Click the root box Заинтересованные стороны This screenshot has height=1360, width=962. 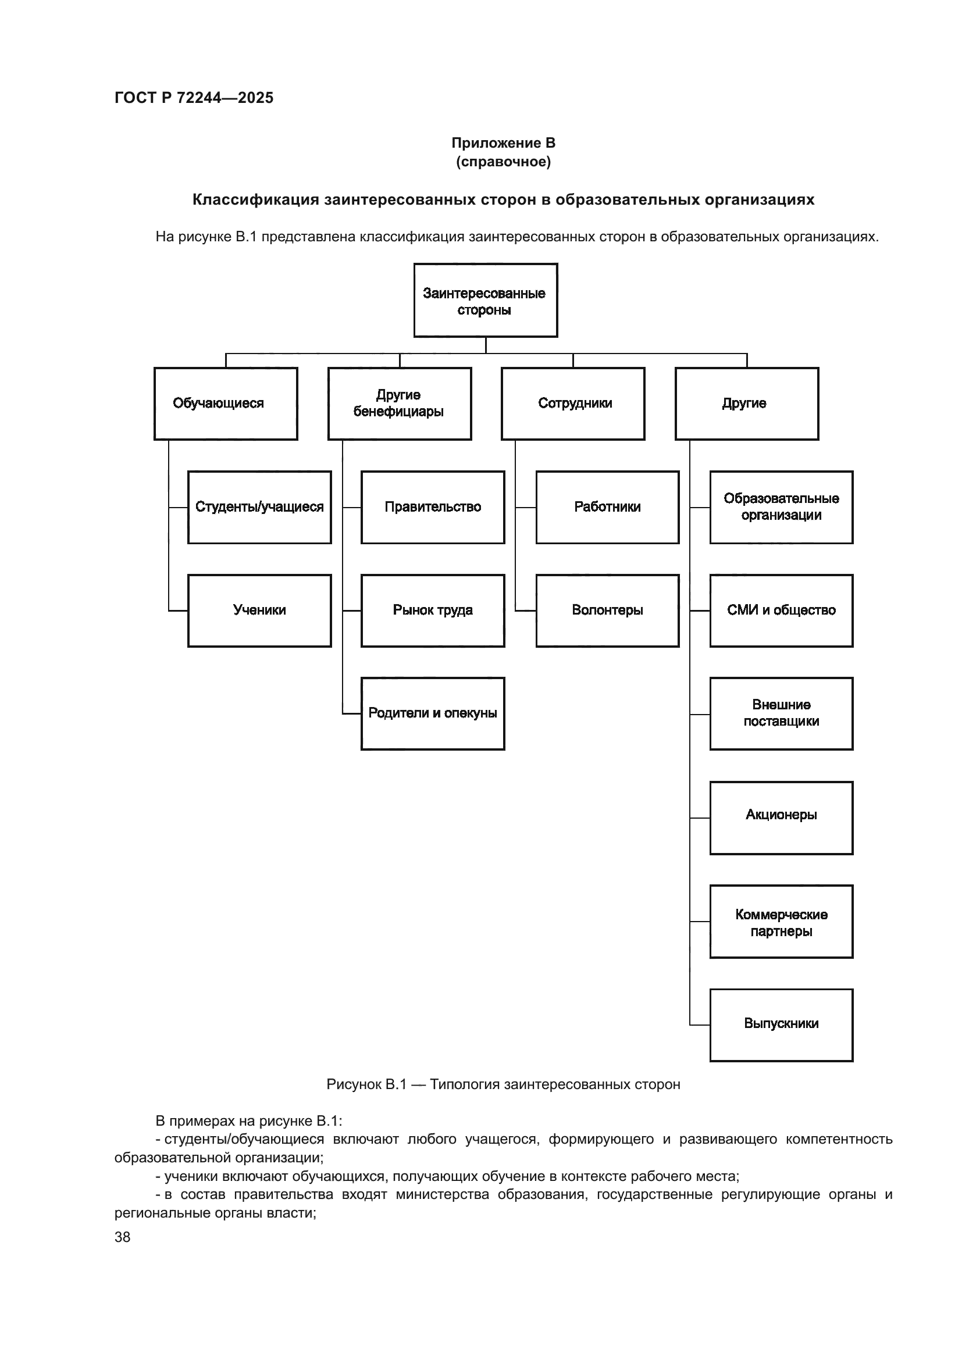coord(485,300)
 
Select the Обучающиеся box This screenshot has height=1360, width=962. coord(226,404)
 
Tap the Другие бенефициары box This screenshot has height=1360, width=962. coord(399,404)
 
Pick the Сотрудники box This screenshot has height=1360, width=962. coord(573,404)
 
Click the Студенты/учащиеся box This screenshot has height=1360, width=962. coord(259,507)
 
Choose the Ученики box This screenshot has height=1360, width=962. coord(259,610)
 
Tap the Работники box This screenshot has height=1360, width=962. coord(607,507)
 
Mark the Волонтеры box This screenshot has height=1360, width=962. coord(607,610)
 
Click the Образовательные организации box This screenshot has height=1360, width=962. coord(781,507)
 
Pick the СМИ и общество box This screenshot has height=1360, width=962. coord(781,610)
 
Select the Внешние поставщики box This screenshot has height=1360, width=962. coord(781,713)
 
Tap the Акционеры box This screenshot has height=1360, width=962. coord(781,818)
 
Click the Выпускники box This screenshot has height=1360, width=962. coord(781,1025)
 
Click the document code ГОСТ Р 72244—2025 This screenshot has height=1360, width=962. coord(194,98)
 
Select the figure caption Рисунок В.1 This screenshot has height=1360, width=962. coord(503,1084)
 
